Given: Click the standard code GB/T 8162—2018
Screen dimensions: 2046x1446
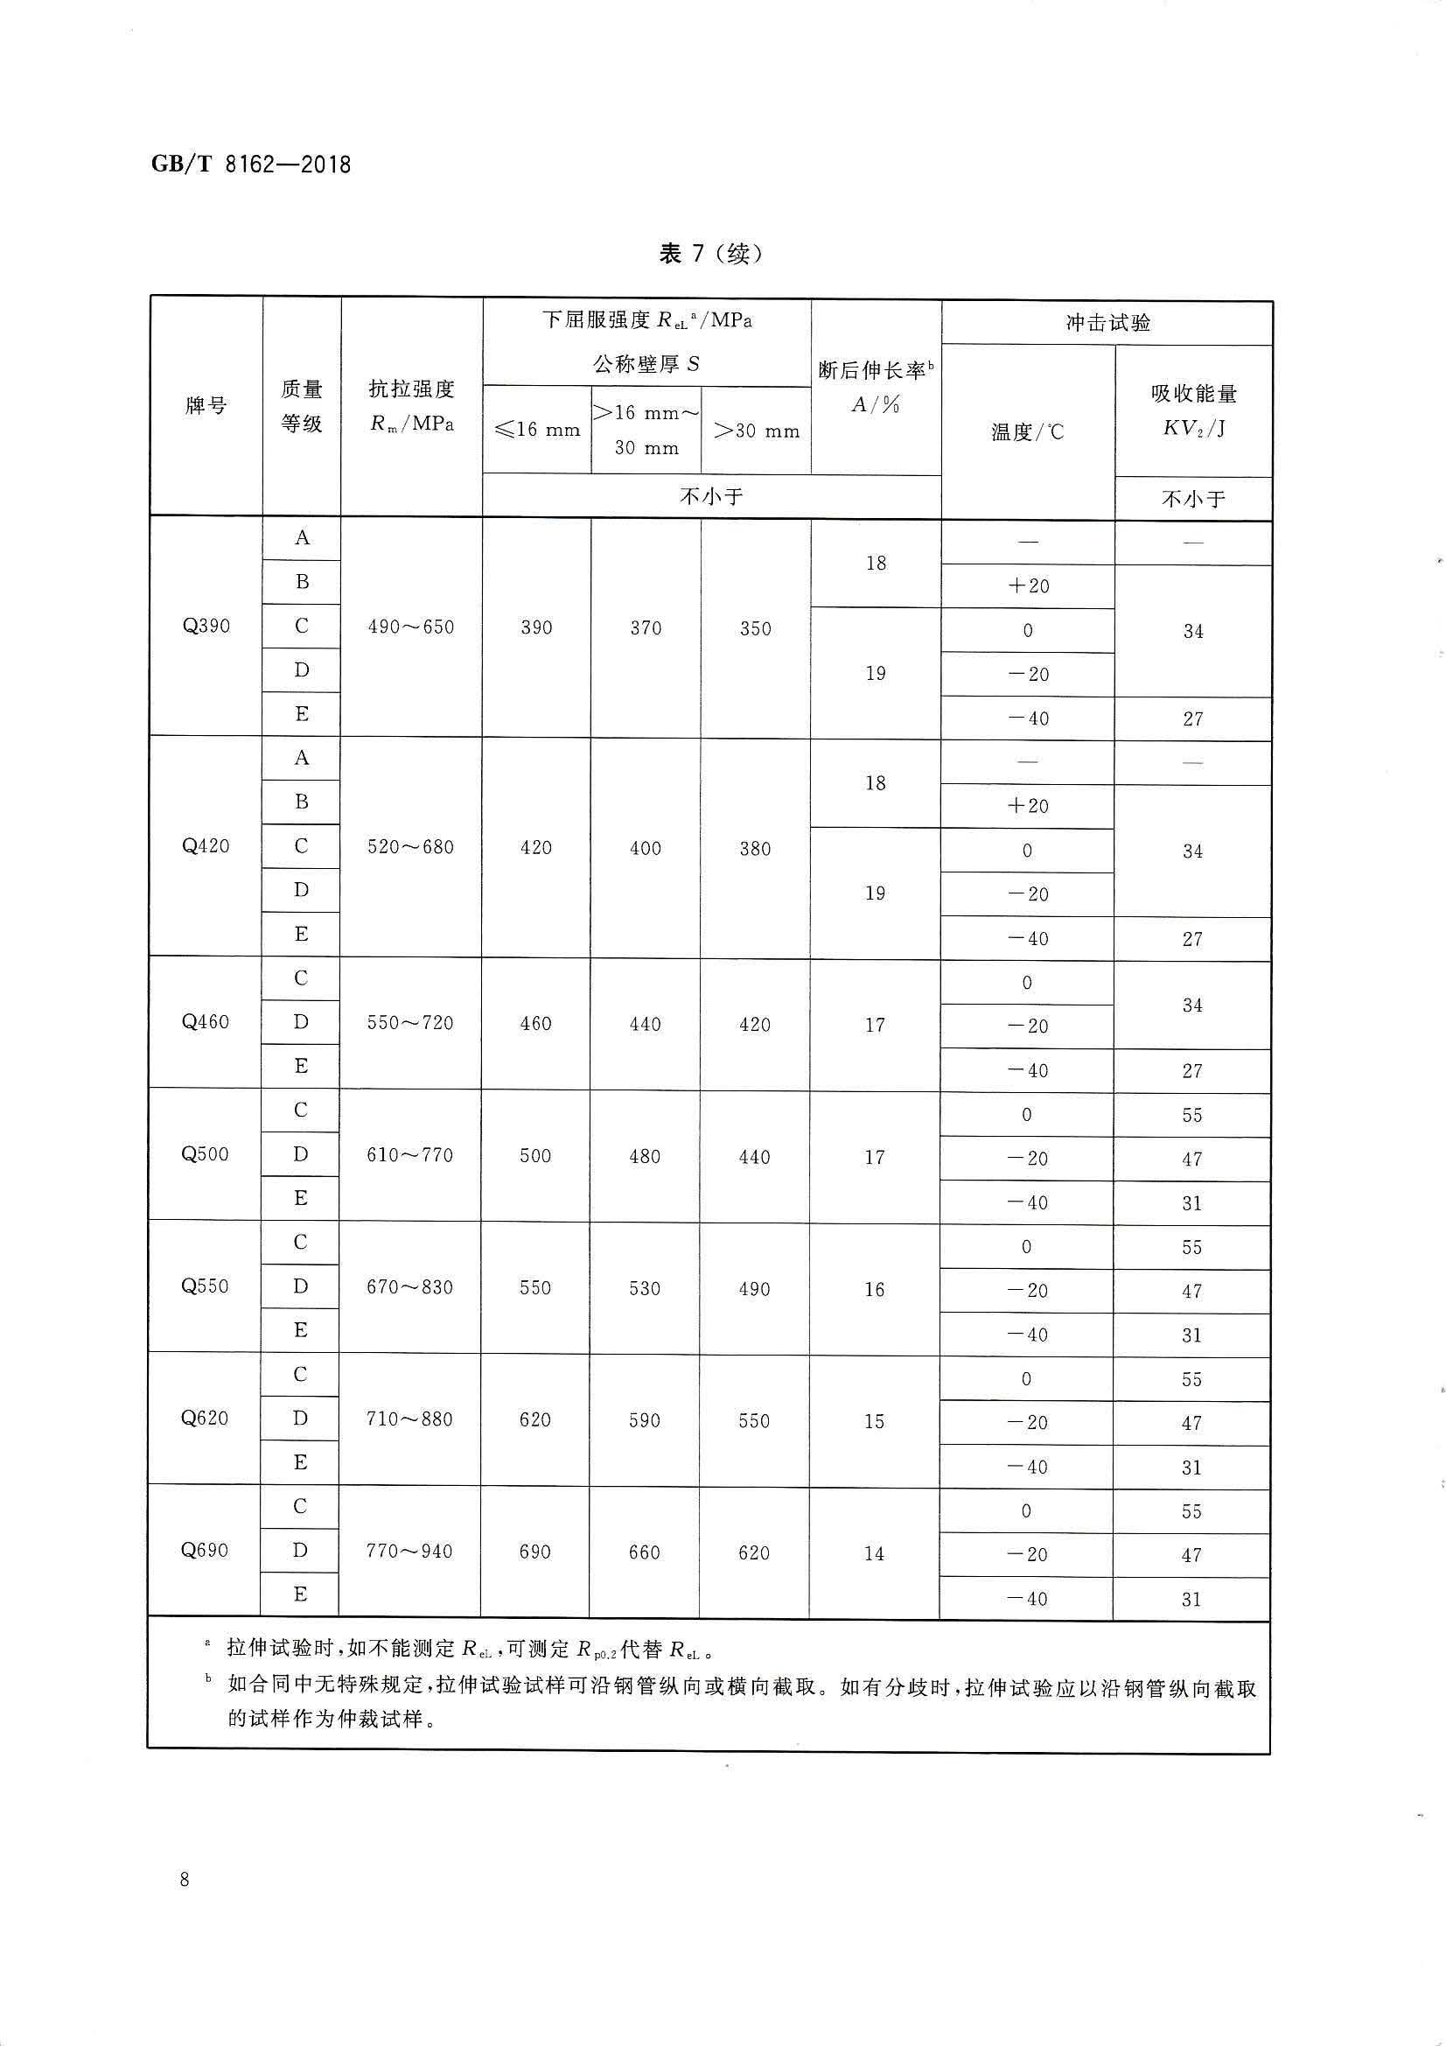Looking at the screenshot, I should (252, 165).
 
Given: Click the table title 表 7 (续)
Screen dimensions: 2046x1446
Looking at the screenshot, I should (710, 254).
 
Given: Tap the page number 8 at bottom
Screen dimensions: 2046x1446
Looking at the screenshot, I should (185, 1880).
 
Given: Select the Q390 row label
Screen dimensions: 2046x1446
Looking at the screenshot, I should (206, 627).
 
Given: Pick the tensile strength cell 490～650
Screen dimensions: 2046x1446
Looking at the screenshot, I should (411, 627).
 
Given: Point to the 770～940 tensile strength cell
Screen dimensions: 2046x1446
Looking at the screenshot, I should (409, 1552).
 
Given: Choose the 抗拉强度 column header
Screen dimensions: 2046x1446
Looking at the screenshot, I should (412, 405).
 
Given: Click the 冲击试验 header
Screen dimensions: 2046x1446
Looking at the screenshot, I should (1107, 323).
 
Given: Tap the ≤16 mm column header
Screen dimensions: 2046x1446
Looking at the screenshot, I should (536, 431).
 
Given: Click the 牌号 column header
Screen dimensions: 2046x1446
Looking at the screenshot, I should (206, 406).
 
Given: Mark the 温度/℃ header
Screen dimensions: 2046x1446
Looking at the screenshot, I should (1027, 433).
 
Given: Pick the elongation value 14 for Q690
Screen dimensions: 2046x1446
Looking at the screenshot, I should (874, 1553).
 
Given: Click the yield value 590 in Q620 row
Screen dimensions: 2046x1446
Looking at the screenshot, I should (644, 1420).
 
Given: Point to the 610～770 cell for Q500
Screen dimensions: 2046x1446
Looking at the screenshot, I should (410, 1156).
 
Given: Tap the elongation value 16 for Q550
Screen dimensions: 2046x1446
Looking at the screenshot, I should (874, 1289).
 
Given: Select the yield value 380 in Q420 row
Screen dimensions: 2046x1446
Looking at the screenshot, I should (755, 848).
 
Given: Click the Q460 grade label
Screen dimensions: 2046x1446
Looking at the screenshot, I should (205, 1022).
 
